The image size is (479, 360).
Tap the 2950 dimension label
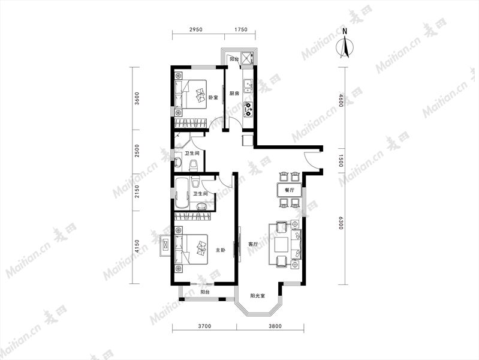(x=196, y=29)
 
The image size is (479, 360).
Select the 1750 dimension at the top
(x=240, y=29)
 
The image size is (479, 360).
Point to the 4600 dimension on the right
(x=341, y=101)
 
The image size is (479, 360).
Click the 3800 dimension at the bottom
(x=275, y=326)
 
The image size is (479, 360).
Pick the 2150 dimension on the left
(x=137, y=191)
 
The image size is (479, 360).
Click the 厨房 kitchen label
(x=234, y=93)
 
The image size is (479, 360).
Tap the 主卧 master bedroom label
(x=221, y=250)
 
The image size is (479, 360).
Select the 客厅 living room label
(x=253, y=244)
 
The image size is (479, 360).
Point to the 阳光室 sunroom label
(x=258, y=296)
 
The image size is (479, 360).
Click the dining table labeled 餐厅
(x=290, y=190)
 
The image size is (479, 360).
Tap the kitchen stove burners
(x=248, y=110)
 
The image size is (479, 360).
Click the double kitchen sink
(x=248, y=86)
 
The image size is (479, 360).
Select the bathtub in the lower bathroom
(x=182, y=194)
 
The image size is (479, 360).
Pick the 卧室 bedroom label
(x=213, y=98)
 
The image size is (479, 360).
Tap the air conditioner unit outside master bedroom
(x=165, y=245)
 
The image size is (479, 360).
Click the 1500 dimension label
(x=341, y=161)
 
